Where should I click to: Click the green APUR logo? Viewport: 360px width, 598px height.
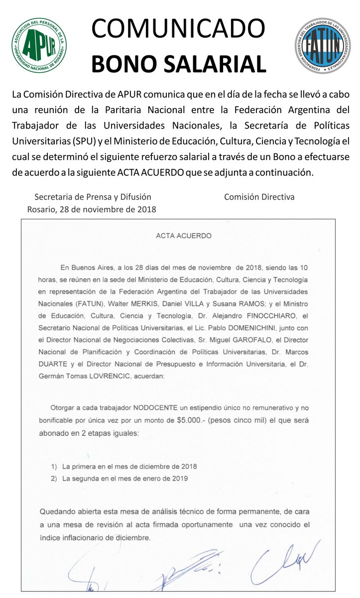point(40,45)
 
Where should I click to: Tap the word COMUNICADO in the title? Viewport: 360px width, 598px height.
point(178,28)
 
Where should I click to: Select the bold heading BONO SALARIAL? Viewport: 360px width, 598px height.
point(179,64)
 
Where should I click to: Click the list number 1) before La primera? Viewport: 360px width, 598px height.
point(54,466)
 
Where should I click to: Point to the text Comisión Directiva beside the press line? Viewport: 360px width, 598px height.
point(259,197)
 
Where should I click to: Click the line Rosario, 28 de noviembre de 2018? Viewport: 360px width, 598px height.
point(92,209)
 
